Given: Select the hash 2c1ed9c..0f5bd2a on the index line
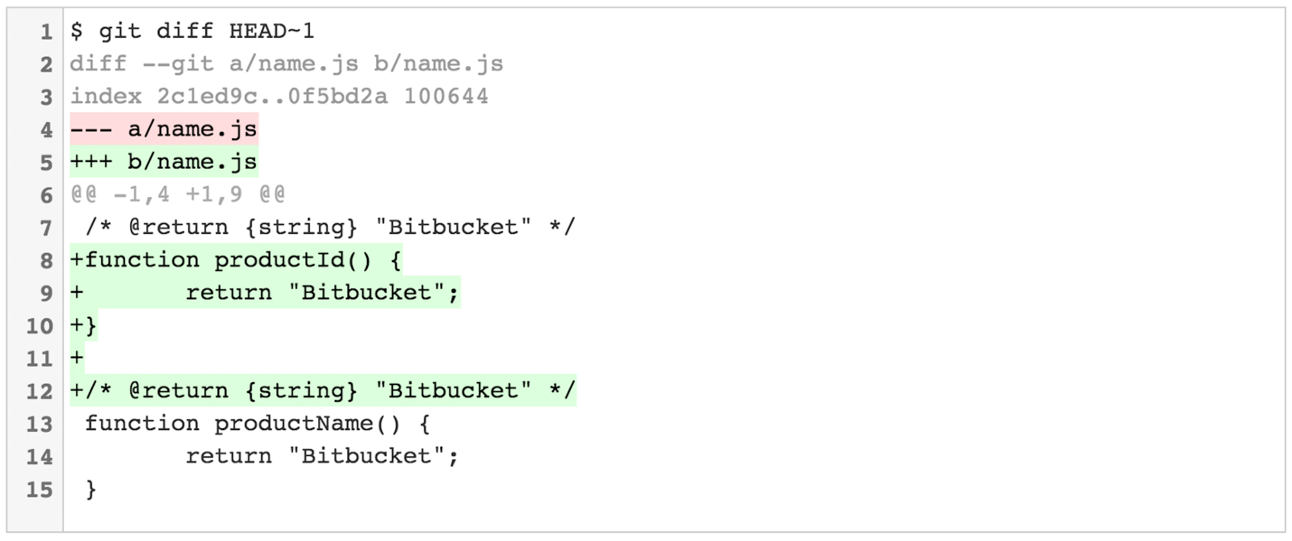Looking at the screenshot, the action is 272,96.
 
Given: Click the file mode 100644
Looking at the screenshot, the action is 446,96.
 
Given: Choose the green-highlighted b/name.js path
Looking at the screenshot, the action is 192,162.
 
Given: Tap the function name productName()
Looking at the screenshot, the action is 308,424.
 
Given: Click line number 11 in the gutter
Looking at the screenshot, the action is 40,359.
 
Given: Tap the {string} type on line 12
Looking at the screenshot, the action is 301,391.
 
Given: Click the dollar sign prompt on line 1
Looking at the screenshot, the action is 77,31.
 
